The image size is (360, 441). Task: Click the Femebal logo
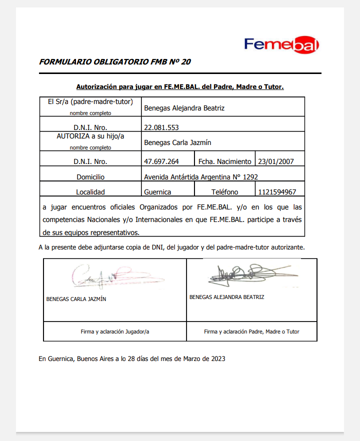coord(281,44)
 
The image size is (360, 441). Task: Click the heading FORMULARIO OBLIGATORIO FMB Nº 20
coord(114,62)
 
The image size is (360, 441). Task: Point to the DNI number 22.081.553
coord(161,127)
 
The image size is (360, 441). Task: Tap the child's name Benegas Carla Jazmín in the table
coord(177,142)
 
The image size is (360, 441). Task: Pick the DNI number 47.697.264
coord(161,161)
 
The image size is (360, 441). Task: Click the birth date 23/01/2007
coord(275,161)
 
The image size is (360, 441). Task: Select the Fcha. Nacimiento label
coord(225,161)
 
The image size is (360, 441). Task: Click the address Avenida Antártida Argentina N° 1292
coord(201,176)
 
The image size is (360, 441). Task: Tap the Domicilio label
coord(90,177)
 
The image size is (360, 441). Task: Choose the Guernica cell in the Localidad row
coord(157,192)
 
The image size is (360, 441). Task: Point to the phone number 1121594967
coord(277,192)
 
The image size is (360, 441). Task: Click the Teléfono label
coord(225,192)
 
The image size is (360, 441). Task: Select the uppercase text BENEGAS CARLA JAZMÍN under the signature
coord(76,299)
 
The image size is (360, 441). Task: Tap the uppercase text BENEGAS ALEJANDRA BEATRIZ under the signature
coord(227,297)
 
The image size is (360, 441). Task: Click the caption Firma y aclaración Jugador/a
coord(115,331)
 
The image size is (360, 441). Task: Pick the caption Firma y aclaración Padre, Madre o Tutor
coord(251,331)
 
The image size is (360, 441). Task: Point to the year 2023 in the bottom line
coord(217,358)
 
